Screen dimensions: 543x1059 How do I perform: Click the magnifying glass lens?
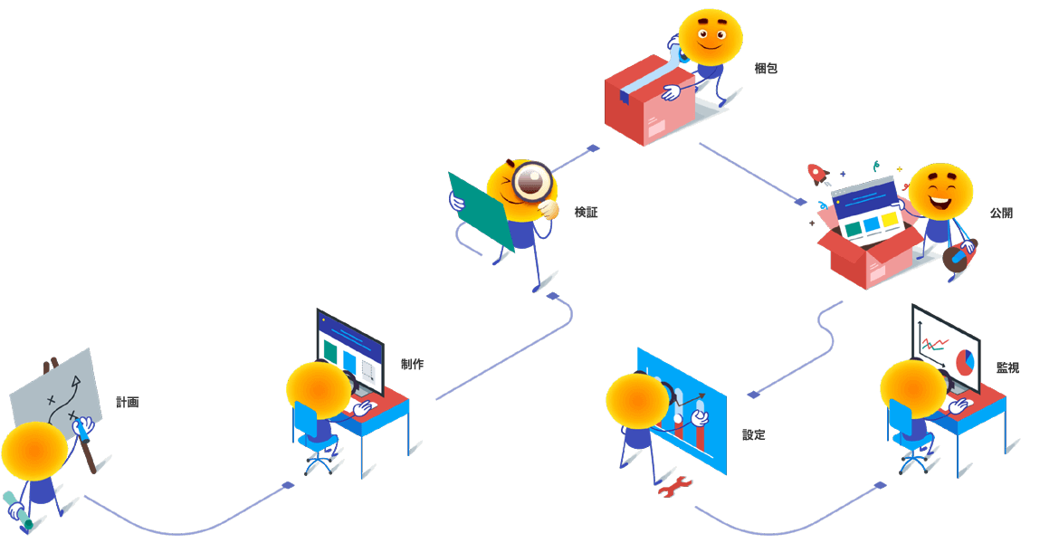click(531, 181)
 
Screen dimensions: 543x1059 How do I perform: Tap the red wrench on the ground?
click(674, 489)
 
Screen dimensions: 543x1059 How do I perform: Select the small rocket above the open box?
click(816, 173)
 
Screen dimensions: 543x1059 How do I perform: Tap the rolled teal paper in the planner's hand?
click(17, 510)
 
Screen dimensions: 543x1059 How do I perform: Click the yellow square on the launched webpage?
click(890, 220)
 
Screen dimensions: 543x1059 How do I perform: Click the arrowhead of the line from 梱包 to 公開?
click(799, 201)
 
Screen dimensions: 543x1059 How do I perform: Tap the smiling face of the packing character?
click(711, 36)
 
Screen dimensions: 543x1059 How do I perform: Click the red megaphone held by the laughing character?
click(958, 256)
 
